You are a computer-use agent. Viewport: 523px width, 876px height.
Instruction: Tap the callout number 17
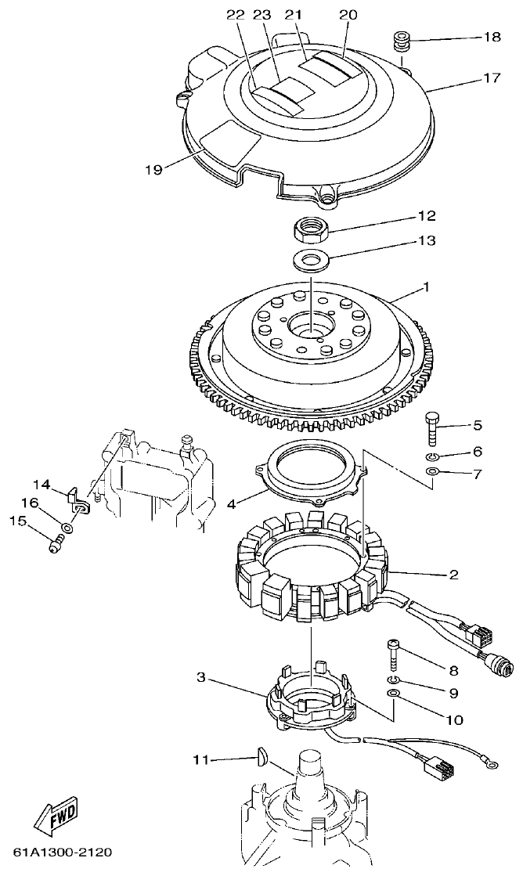[491, 78]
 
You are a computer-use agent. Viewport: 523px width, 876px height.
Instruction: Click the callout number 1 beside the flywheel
[426, 287]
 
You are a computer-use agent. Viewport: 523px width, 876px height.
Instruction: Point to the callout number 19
[153, 169]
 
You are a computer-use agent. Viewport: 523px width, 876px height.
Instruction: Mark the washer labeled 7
[433, 472]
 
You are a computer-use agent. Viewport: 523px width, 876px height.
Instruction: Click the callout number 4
[231, 504]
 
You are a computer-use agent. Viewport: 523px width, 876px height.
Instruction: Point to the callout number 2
[453, 575]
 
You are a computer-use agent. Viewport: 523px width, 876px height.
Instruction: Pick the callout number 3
[201, 677]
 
